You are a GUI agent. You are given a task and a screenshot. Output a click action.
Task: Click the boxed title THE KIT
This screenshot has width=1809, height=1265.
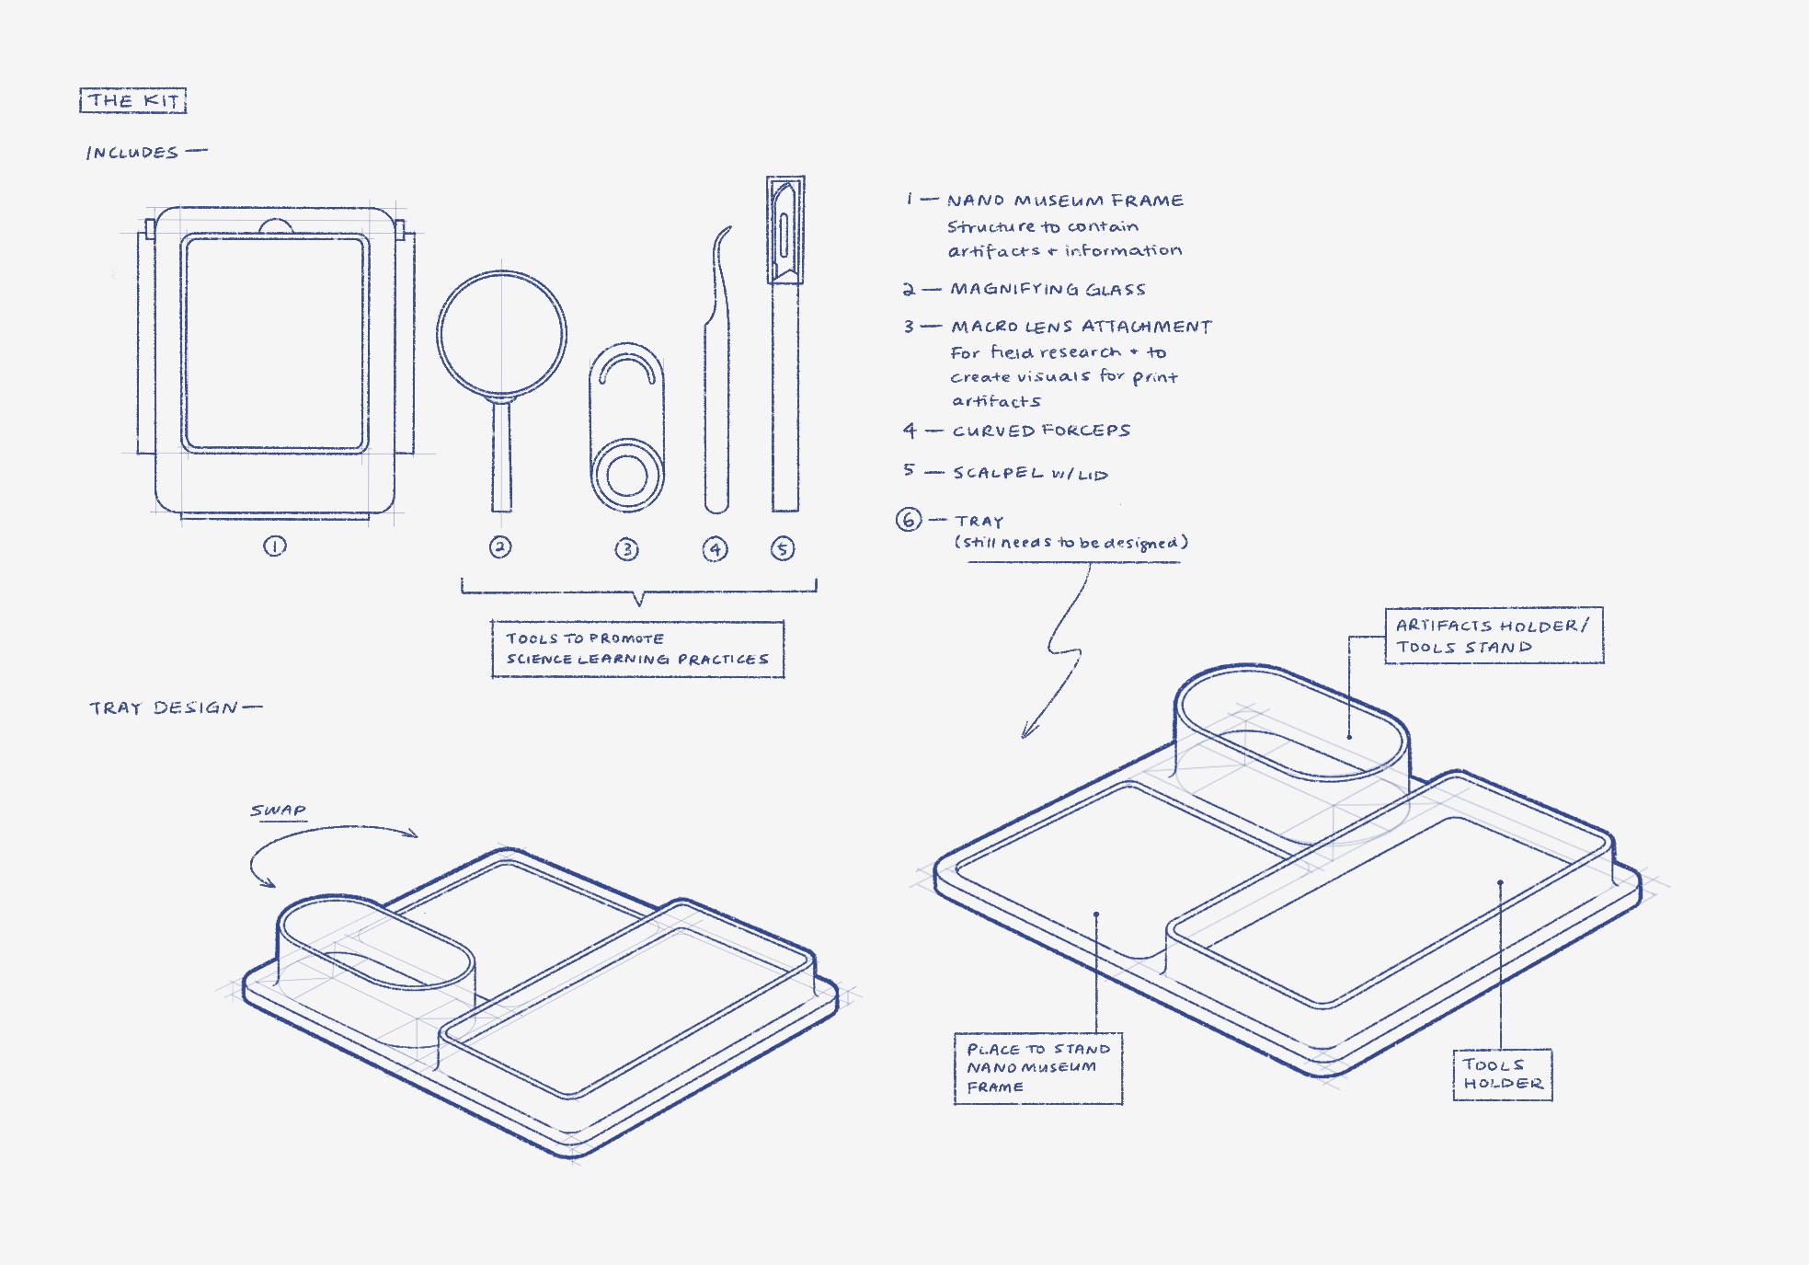[x=133, y=100]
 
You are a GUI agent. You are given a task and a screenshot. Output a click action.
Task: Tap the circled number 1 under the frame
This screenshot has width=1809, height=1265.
[x=275, y=546]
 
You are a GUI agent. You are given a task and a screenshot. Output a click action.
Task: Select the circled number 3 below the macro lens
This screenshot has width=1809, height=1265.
[x=626, y=550]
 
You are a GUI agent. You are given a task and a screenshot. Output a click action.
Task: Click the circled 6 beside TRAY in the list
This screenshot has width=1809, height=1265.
[x=909, y=520]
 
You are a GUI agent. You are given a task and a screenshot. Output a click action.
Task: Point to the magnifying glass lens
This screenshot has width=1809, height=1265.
[x=501, y=334]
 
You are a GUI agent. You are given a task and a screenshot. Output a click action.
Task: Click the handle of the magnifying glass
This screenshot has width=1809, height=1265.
[x=501, y=455]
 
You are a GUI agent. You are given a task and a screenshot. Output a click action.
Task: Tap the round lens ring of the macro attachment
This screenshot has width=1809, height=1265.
[x=627, y=475]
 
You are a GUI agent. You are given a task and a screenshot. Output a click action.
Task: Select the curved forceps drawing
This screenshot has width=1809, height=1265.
[x=717, y=386]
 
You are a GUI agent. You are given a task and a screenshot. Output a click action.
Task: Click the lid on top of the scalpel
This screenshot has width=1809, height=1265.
[x=784, y=230]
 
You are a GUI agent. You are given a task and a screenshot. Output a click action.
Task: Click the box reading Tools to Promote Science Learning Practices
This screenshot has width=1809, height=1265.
[x=637, y=650]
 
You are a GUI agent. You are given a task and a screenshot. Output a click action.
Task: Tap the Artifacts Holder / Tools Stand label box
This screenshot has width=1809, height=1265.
[x=1494, y=636]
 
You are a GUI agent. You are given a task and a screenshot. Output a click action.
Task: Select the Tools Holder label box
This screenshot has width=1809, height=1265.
[x=1502, y=1075]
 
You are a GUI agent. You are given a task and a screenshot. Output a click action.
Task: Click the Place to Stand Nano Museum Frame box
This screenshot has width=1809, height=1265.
[x=1037, y=1068]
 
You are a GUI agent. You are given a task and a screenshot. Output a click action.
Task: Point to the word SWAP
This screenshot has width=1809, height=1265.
[x=278, y=811]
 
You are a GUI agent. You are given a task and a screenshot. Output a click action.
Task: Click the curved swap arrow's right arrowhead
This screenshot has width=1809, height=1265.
[x=413, y=834]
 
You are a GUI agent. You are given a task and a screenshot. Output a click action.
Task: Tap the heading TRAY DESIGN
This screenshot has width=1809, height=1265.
[x=164, y=707]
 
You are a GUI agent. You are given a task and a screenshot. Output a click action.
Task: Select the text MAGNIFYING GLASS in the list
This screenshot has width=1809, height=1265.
[x=1048, y=290]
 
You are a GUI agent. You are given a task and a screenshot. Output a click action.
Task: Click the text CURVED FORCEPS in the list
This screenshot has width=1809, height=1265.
[x=1041, y=431]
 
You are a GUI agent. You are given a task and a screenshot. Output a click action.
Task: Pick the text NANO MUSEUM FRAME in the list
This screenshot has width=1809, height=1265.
[x=1065, y=201]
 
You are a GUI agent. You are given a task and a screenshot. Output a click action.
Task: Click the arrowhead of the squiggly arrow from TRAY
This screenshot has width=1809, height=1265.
[x=1025, y=733]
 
